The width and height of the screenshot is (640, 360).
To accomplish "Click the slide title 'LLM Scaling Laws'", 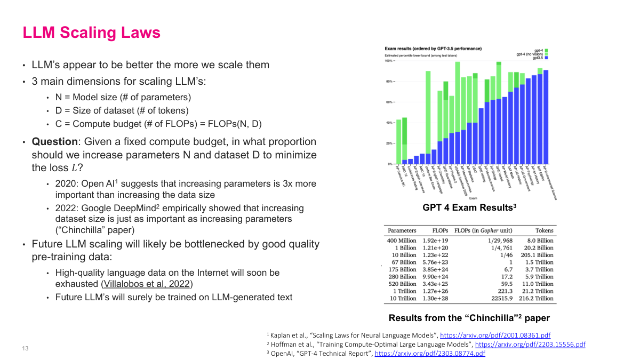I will click(91, 33).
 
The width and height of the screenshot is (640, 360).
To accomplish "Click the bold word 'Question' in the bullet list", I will click(54, 142).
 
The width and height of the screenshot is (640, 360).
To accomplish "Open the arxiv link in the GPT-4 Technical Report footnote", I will click(430, 353).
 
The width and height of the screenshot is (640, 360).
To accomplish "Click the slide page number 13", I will click(25, 348).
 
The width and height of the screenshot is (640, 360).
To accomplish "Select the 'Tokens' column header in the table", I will click(544, 231).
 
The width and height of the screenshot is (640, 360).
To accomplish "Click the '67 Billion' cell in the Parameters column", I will click(404, 262).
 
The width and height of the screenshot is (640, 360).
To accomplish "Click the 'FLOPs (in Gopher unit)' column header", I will click(483, 231).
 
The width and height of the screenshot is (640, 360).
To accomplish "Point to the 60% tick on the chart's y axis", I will click(389, 102).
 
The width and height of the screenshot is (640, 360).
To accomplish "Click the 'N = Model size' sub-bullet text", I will click(123, 97).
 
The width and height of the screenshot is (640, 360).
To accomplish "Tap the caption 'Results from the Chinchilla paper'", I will click(469, 318).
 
